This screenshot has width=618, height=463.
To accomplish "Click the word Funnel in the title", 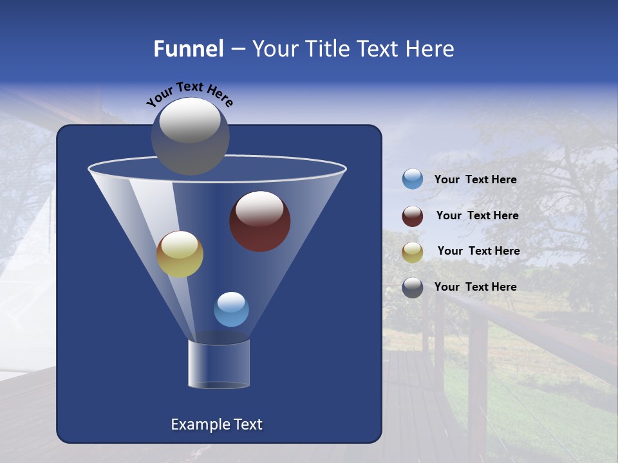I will coord(188,49).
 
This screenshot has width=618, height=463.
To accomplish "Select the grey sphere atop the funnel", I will coord(191,136).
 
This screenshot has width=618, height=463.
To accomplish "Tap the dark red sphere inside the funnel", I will coord(260,222).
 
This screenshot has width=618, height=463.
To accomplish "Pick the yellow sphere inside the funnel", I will coord(180,255).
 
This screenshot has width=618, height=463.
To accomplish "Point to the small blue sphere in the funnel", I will coord(231,309).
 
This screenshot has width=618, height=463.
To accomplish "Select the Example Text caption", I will coord(216,424).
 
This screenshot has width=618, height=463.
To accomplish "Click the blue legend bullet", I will coord(413,179).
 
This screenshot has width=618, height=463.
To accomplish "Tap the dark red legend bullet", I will coord(413,216).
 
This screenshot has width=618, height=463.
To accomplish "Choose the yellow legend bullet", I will coord(413,252).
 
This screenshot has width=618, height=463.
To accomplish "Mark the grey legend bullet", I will coord(413,287).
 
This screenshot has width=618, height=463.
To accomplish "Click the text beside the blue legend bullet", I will coord(475,179).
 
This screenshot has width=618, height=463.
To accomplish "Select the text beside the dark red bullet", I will coord(477,215).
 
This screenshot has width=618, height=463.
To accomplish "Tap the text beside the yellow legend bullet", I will coord(478,251).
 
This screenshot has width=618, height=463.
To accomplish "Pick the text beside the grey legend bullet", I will coord(475,287).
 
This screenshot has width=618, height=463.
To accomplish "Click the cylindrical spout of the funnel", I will coord(219,364).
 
